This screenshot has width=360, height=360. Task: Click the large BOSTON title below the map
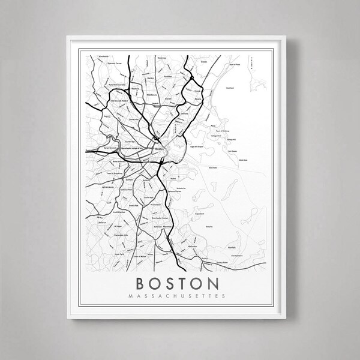180,283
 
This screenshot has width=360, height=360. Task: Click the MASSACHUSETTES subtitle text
180,295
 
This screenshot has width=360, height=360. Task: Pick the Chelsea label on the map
184,113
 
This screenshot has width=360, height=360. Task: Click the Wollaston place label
193,246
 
